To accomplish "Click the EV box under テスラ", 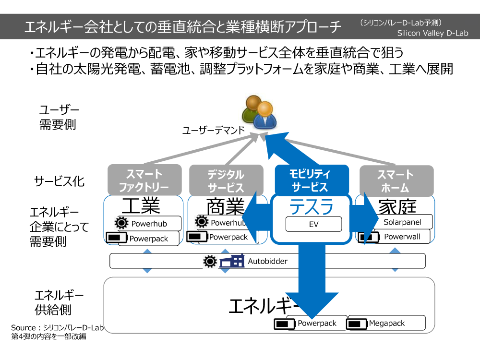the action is coord(313,224).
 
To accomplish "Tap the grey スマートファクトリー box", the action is coord(144,180).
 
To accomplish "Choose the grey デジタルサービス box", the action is coord(226,180).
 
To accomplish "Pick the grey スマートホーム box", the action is coord(396,180).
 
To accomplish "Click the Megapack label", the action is coord(386,323).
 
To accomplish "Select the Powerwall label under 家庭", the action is coord(402,236).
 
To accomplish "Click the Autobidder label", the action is coord(267,261).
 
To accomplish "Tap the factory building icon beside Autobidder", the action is coord(232,261).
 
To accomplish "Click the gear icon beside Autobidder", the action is coord(210,262).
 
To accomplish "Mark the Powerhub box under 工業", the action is coord(148,224).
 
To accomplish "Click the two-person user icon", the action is coord(259,112).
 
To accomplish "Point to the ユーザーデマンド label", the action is coord(214,131).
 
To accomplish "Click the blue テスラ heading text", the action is coord(312,206).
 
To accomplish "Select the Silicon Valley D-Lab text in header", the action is coord(432,33).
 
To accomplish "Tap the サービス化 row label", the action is coord(59,181).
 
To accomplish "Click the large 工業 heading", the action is coord(141,205).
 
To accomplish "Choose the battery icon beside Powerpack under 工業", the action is coord(117,237).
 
